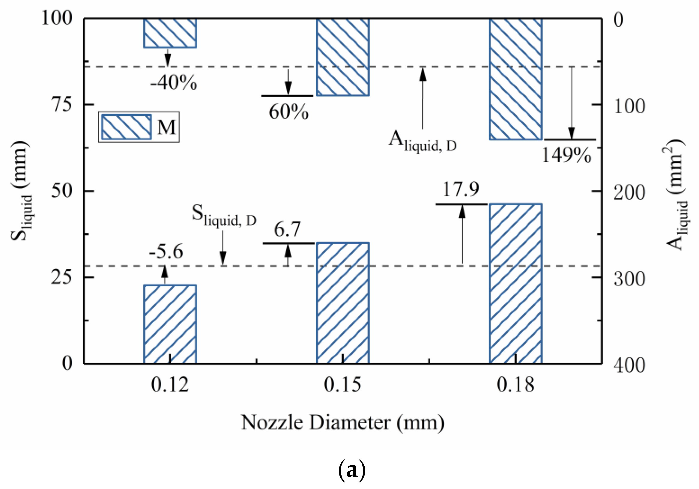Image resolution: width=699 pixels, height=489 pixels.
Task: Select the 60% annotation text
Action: pos(288,112)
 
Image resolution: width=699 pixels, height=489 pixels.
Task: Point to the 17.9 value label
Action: pos(461,189)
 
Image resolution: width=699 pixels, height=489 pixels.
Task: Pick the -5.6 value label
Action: pos(166,252)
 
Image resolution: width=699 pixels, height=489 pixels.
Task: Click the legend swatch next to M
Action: pos(126,127)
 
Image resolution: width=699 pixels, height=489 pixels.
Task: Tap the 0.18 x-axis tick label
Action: pos(515,385)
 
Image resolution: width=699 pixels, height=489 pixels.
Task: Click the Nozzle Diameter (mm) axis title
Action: pos(342,423)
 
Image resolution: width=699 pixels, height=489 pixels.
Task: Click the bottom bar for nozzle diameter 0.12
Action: pos(170,324)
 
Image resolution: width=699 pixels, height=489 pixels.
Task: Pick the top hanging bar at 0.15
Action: pos(342,57)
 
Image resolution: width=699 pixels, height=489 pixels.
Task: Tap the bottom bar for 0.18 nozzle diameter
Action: pos(515,283)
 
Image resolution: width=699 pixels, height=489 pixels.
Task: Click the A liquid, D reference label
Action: pos(423,142)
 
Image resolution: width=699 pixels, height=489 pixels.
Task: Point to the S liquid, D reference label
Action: pos(224,216)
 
